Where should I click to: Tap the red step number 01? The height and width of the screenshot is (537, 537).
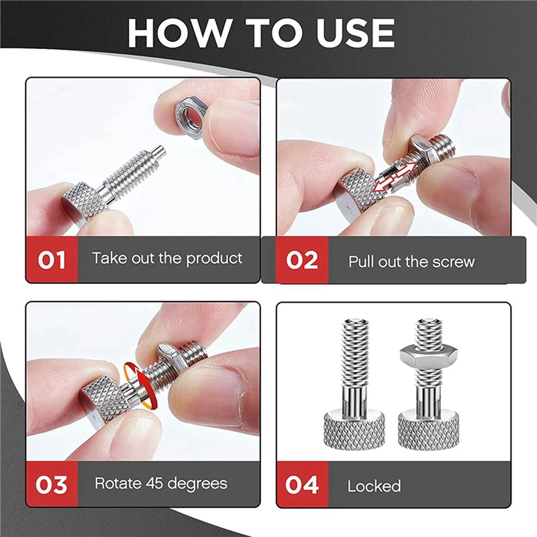point(51,259)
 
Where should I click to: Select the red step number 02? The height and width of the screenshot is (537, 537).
point(302,260)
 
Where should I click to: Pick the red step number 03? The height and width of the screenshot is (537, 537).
point(51,483)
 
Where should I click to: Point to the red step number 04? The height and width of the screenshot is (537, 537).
point(302,485)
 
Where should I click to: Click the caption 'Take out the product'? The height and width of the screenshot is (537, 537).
point(167,258)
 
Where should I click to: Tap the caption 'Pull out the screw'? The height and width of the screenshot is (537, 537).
point(411,261)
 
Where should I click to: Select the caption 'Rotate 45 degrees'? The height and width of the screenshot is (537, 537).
point(160,483)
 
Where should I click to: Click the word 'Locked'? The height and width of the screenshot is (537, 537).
point(374,486)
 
